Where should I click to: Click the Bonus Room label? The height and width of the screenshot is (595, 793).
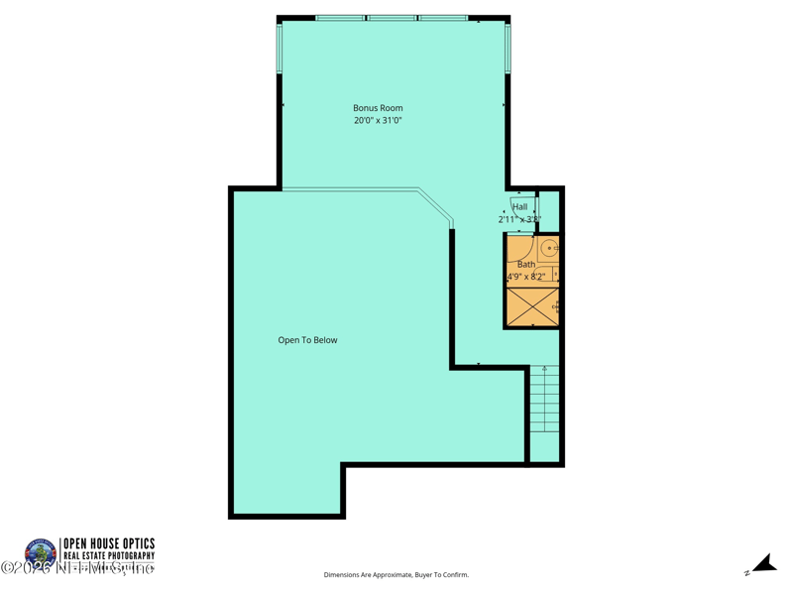click(x=378, y=108)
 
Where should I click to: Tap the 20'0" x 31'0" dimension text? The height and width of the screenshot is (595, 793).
click(x=378, y=121)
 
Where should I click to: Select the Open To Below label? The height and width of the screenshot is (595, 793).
click(x=307, y=340)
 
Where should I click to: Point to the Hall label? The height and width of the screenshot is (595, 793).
click(x=519, y=207)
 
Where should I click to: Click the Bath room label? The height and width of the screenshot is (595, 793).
click(x=526, y=265)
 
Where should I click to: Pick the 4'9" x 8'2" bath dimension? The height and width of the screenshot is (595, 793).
click(x=526, y=277)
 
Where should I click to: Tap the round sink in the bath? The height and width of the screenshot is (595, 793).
click(x=548, y=248)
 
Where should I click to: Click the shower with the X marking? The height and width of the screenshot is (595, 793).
click(x=532, y=306)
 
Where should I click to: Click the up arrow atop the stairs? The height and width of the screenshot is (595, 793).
click(x=544, y=371)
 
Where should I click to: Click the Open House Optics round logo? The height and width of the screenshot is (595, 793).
click(x=41, y=553)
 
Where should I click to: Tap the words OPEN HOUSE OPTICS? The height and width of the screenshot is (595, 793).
click(x=109, y=543)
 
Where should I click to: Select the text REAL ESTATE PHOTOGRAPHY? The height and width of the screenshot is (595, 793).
click(x=109, y=556)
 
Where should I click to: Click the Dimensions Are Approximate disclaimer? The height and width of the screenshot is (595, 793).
click(x=396, y=575)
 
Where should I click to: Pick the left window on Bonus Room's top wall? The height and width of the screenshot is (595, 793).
click(x=341, y=18)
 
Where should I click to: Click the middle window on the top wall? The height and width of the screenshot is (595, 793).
click(x=393, y=18)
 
